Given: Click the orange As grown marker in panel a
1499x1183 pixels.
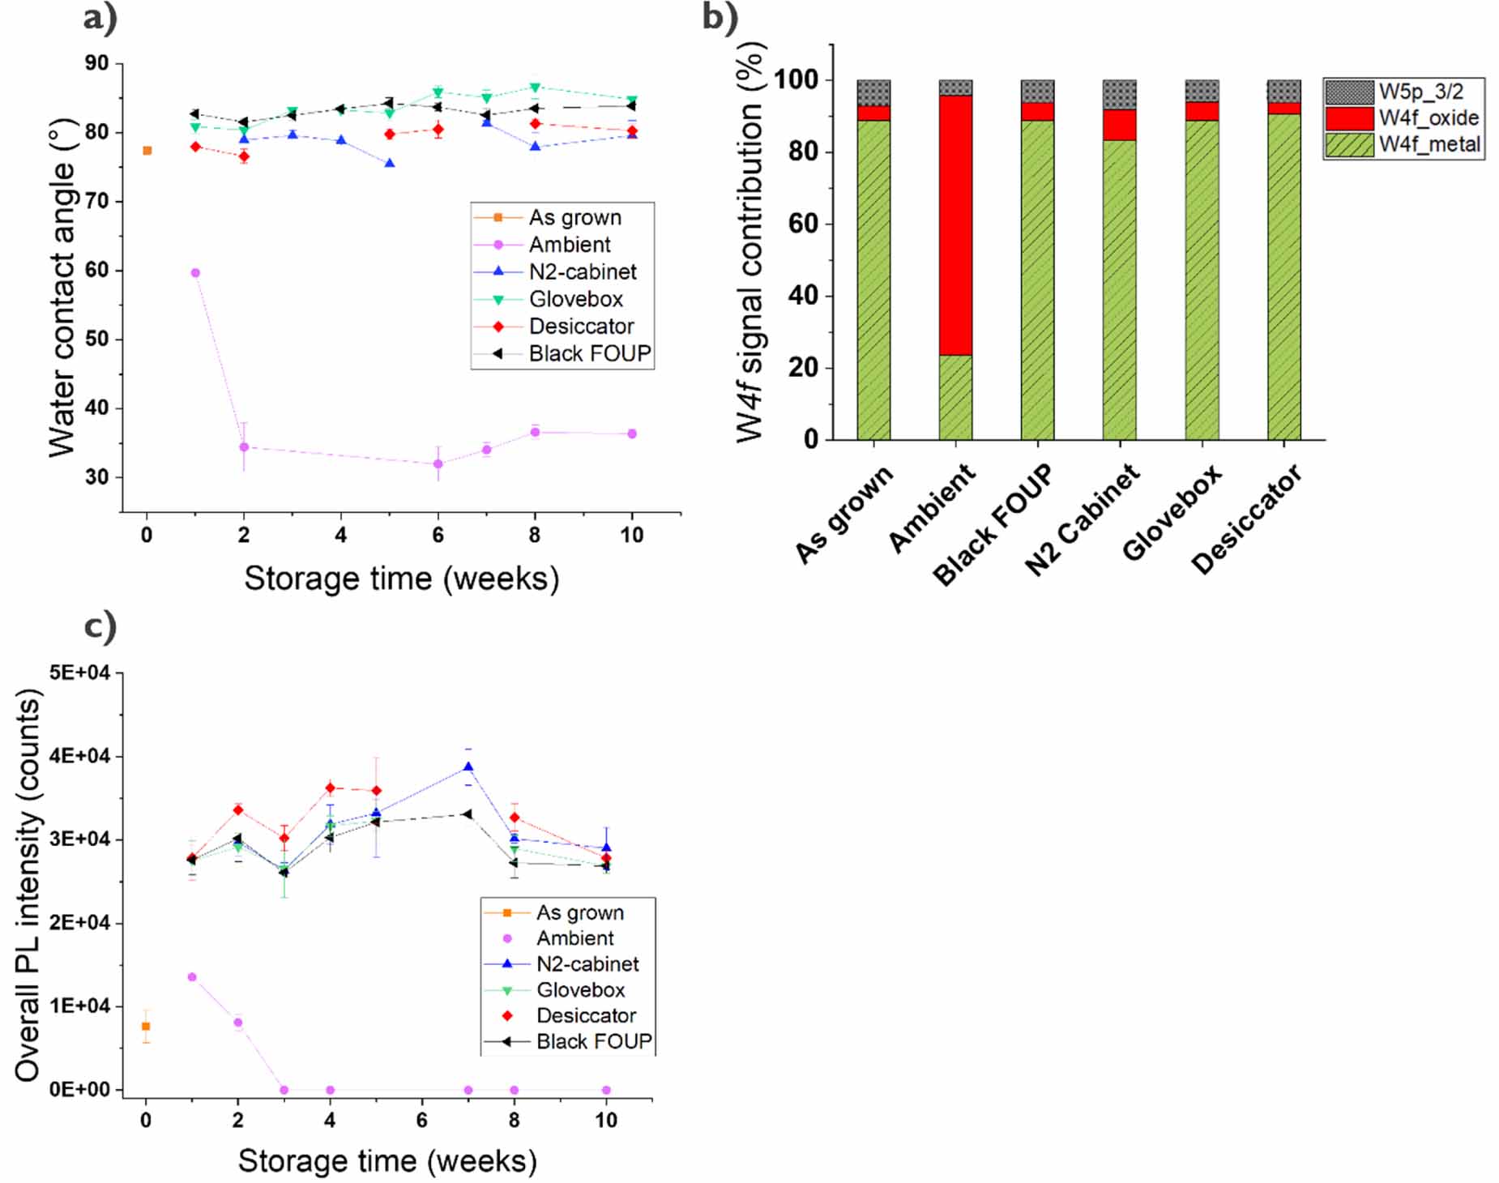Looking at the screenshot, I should pos(147,151).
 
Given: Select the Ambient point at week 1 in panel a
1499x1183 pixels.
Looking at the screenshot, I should pos(195,273).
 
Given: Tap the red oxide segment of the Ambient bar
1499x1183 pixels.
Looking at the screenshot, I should pos(955,225).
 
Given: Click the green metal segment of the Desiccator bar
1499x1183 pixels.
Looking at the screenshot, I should pos(1283,275).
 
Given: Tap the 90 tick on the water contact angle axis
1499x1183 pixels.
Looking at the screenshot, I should pos(96,63).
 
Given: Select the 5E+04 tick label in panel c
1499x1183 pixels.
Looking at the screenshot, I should pos(79,673).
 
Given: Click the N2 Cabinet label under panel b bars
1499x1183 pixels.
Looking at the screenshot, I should pos(1082,519).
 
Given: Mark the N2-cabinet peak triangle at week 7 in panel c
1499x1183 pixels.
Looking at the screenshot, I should pos(468,767).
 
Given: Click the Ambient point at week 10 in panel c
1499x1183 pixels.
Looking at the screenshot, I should pos(606,1090).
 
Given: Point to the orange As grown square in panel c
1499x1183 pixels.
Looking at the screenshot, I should pos(146,1027).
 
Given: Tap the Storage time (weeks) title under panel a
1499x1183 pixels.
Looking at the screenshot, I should pos(401,579).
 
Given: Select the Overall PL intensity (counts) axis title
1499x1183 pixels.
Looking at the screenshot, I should pos(28,885).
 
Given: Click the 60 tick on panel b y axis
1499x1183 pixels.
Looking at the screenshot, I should pos(803,224).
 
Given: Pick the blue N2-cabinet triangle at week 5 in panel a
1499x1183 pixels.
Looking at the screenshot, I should pos(390,164).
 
